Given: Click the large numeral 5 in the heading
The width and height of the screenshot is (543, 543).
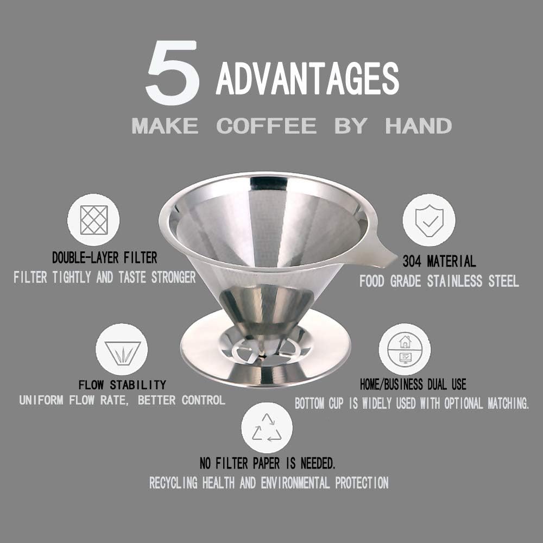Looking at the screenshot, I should [x=172, y=73].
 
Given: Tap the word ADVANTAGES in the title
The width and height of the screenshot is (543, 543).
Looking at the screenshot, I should [x=307, y=79].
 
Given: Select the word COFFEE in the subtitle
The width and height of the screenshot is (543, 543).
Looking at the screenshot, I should [x=266, y=126].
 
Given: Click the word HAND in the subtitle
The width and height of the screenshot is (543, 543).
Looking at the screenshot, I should [x=418, y=126].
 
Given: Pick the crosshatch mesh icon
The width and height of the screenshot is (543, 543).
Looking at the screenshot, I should [x=93, y=220].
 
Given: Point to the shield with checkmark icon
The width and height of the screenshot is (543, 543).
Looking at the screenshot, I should [x=428, y=220].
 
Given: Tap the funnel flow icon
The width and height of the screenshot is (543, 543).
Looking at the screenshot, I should [x=122, y=350].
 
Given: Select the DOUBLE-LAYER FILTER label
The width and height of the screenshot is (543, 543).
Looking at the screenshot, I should [x=105, y=257].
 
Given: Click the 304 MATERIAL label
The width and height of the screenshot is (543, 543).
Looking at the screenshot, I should [x=439, y=261].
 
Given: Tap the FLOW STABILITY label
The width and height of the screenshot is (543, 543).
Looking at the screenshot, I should [x=122, y=385].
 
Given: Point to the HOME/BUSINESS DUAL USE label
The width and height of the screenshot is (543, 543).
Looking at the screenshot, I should [x=413, y=385].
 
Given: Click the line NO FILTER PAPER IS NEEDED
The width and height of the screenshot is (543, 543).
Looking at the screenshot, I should [x=268, y=464].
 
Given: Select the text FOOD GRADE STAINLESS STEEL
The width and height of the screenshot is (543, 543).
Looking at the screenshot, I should [x=439, y=281].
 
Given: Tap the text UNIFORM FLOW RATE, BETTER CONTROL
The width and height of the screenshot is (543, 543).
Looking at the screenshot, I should [x=122, y=401].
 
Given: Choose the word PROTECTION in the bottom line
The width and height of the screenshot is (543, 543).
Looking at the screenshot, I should [x=362, y=483].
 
